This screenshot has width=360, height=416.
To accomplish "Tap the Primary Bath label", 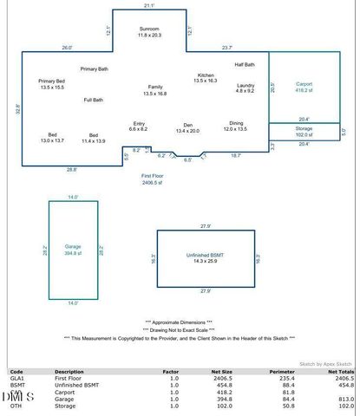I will click(94, 68).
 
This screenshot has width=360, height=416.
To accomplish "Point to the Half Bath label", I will click(245, 65).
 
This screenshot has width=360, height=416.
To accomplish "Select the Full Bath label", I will click(94, 101).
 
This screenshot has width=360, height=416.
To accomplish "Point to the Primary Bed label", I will click(52, 84).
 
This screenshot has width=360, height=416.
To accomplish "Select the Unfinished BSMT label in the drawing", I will click(206, 257).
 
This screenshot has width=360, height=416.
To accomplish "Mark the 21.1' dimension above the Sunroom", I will click(149, 6).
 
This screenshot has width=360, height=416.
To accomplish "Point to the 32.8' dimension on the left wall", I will click(17, 110).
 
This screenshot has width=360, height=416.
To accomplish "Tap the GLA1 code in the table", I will click(16, 379).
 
